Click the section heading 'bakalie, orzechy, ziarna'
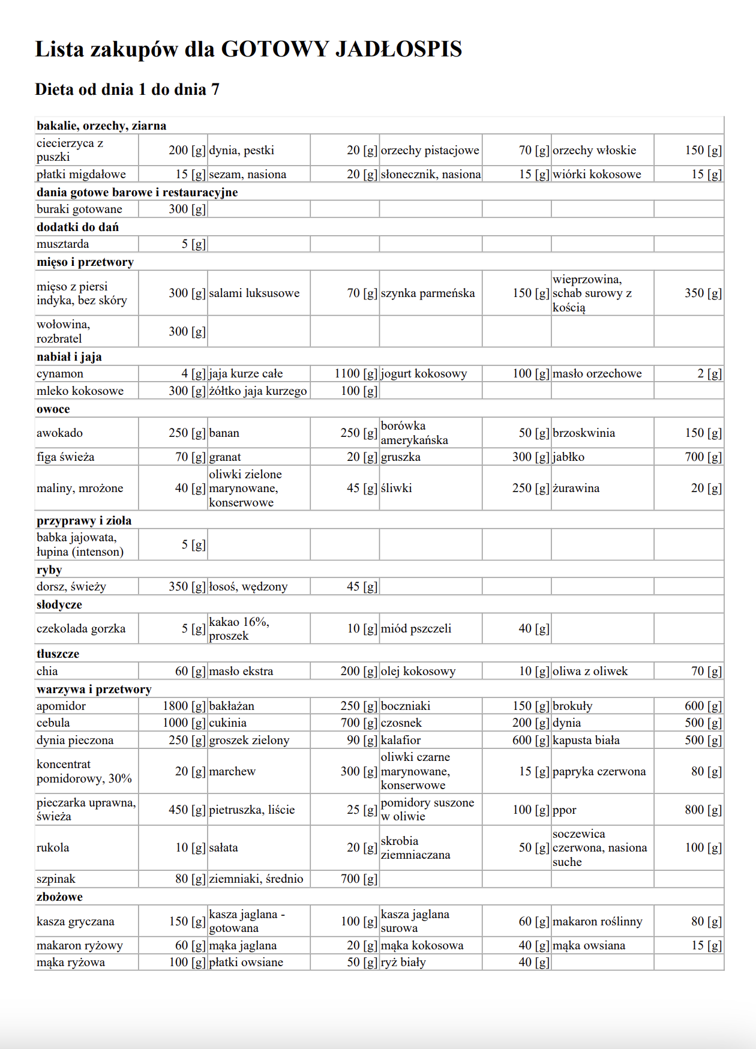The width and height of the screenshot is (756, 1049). point(101,126)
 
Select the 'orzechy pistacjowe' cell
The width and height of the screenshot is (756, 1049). point(430,150)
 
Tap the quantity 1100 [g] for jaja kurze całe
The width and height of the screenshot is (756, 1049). point(356,374)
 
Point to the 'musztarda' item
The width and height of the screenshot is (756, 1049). point(63,244)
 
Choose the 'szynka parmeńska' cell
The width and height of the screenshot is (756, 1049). point(428,293)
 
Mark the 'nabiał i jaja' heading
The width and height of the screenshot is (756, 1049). point(69,357)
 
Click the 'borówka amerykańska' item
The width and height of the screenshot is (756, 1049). point(415,433)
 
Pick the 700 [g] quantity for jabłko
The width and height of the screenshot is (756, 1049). point(703,457)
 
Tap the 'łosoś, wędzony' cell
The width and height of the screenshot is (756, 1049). point(248,587)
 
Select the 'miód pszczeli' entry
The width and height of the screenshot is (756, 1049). point(416,629)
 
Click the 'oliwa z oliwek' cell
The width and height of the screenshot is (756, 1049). point(590,672)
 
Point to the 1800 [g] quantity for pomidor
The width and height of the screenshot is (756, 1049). point(184,706)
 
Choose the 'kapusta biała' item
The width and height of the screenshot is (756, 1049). point(586,741)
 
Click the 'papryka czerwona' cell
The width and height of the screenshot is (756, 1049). point(599,772)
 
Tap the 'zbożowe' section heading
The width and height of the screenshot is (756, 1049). point(59,897)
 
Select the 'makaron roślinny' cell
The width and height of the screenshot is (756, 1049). point(597,922)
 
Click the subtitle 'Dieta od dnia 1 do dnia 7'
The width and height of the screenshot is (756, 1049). point(127,89)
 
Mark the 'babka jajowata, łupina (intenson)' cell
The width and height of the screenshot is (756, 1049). point(80,545)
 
